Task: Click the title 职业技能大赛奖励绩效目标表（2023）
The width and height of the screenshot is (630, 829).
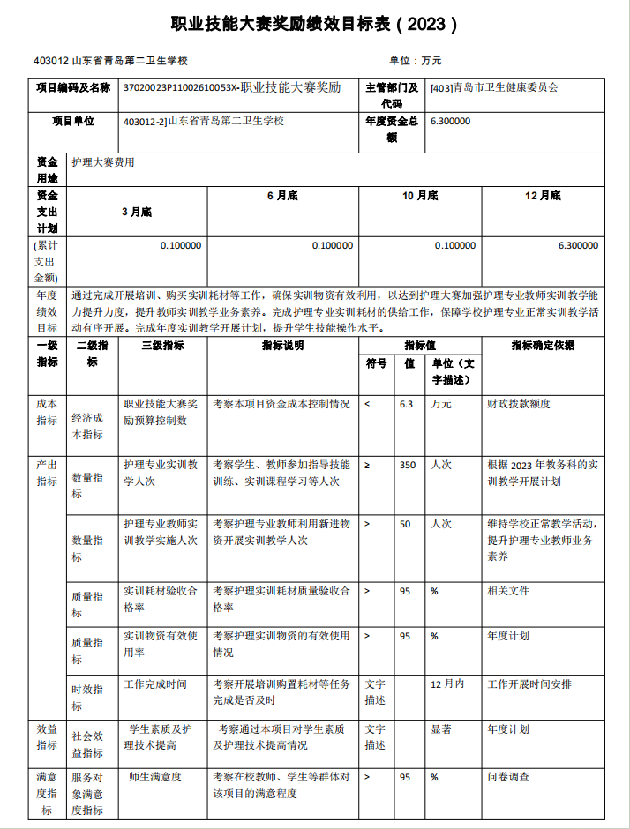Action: [x=314, y=24]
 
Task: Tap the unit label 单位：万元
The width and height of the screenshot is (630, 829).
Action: [x=415, y=61]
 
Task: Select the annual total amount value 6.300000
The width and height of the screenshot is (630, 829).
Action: [x=450, y=122]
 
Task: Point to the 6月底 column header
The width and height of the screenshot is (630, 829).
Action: [x=281, y=196]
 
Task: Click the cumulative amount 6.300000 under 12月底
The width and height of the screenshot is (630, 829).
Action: [x=578, y=246]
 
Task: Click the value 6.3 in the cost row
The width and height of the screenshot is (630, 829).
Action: [x=406, y=404]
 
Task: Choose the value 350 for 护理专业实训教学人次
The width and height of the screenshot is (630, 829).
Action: [x=407, y=465]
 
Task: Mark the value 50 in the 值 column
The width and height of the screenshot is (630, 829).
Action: [x=405, y=524]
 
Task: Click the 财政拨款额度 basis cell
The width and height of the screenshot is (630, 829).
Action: [x=519, y=404]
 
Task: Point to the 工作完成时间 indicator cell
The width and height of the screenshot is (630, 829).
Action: [x=155, y=683]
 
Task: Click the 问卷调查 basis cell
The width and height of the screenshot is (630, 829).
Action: [x=508, y=777]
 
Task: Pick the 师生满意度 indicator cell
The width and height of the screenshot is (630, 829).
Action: [x=155, y=777]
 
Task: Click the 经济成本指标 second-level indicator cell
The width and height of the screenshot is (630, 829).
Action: [x=87, y=426]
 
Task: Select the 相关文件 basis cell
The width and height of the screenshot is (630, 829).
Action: [x=508, y=591]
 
